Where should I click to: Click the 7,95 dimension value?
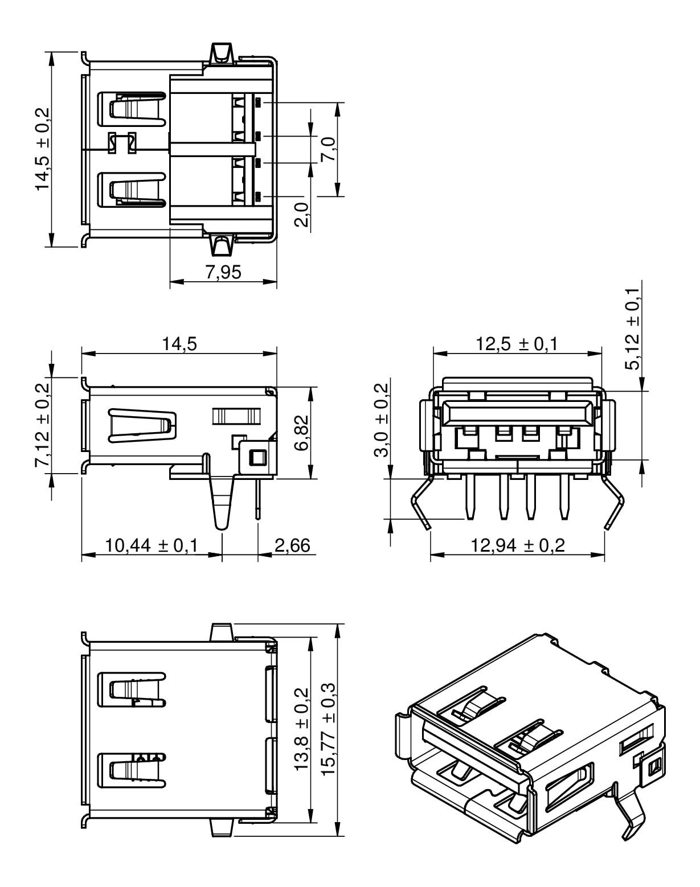(x=223, y=272)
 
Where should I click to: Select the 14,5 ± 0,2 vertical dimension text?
(x=43, y=149)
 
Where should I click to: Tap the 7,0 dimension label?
(x=329, y=150)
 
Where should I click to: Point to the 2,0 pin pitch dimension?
(x=302, y=215)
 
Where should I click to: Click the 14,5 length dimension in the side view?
(x=179, y=344)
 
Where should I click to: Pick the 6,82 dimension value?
(x=302, y=432)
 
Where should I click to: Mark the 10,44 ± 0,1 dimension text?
(x=151, y=545)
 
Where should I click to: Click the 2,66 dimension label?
(x=292, y=545)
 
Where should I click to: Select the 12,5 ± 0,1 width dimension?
(x=517, y=344)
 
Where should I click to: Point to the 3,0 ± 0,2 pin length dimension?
(x=381, y=420)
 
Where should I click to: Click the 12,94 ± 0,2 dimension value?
(x=517, y=545)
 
